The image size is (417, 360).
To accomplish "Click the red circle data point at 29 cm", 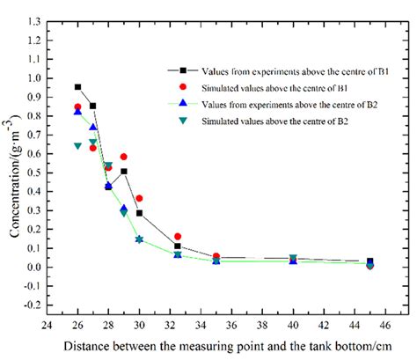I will point(124,157).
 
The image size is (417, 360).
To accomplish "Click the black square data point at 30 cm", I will point(139,213).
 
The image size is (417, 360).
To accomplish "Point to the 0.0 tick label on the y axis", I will point(35,268).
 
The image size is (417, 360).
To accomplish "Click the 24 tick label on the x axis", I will point(48,321).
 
